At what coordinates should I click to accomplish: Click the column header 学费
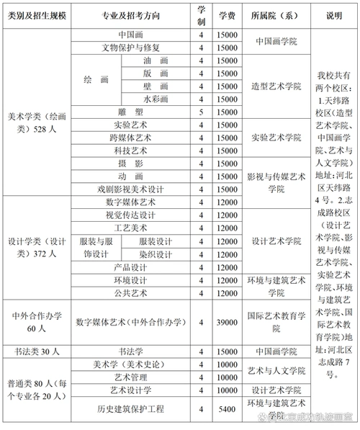228,15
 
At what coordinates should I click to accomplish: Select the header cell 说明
334,15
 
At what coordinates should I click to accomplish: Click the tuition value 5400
228,408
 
